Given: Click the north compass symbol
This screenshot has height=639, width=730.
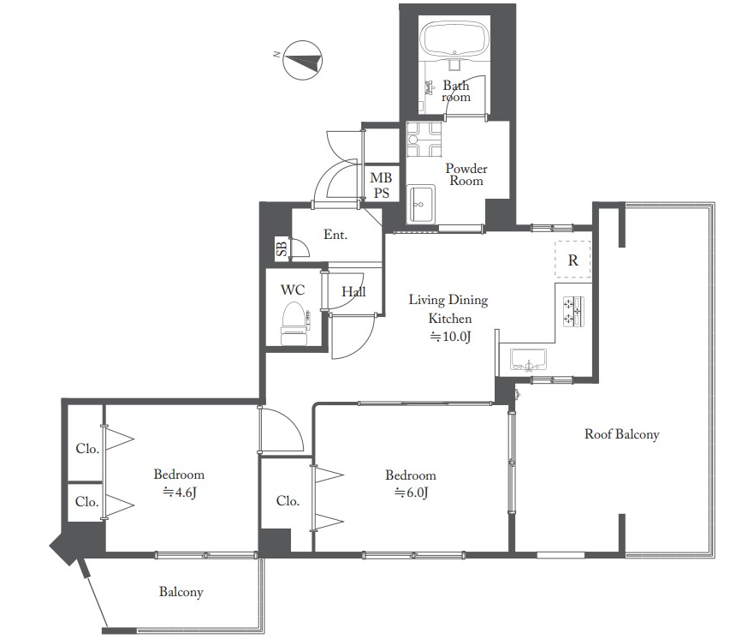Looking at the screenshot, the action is pos(303,61).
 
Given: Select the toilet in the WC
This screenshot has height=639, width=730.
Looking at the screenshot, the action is pos(294,323).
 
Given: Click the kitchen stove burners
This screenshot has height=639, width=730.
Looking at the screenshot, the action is pos(573,311).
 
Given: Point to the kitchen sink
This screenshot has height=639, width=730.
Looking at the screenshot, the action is pos(528,359).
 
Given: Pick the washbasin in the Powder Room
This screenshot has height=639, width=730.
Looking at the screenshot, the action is pos(421,204).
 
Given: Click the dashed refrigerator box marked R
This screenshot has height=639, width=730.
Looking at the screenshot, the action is pos(573,260).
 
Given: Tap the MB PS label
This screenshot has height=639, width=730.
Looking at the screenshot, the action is pos(381,185).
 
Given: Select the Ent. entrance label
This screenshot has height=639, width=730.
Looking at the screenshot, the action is pos(335,235).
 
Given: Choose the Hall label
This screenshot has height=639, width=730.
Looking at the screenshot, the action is pos(353,292).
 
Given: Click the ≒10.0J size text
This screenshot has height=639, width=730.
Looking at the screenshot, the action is pos(450,337).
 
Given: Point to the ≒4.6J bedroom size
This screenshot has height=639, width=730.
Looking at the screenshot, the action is pos(179,493).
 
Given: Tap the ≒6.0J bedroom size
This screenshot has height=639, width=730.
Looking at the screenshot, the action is pos(411,493).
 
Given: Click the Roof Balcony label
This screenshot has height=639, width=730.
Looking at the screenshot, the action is pos(622,434).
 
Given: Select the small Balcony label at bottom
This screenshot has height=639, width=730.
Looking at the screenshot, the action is pos(181,592).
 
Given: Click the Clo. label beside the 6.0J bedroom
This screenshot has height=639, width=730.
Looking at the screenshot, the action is pos(288,501).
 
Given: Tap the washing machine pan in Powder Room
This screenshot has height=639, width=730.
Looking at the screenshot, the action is pos(424,139).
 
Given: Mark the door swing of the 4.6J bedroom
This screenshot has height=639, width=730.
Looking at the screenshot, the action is pos(281,429).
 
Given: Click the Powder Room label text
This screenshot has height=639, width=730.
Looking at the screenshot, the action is pos(466,175).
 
